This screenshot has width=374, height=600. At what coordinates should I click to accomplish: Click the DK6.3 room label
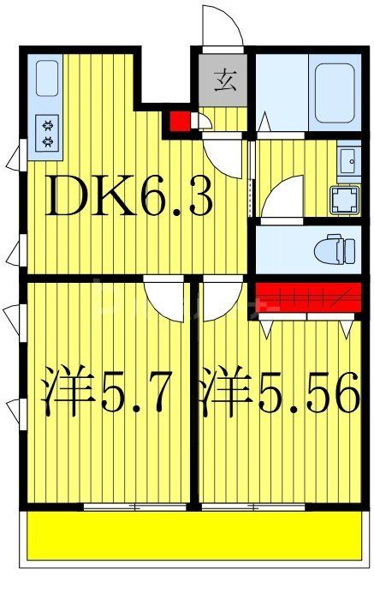128,199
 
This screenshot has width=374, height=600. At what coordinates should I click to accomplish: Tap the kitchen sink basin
48,80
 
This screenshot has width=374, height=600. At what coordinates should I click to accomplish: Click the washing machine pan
345,201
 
